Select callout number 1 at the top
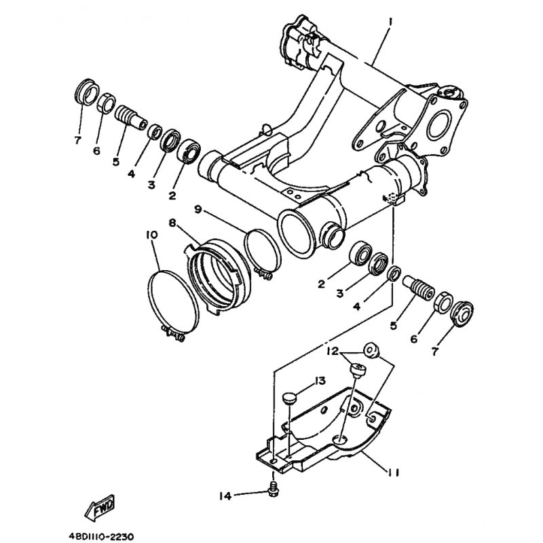coord(391,21)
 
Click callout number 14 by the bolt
coord(225,496)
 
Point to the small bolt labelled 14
coord(273,488)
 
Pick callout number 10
coord(151,234)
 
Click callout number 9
coord(198,210)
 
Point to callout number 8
coord(172,222)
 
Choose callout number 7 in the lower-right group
coord(435,351)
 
